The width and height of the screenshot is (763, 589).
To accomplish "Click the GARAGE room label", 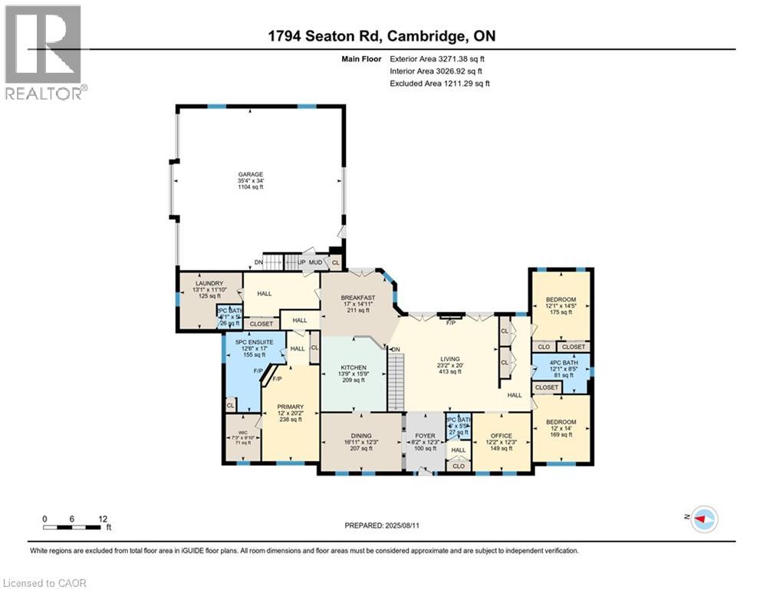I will pos(245,174).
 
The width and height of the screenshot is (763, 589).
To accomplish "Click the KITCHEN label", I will pos(354,368).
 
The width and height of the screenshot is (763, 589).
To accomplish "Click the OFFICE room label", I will pos(501,436).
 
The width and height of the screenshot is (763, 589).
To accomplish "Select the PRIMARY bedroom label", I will pos(291,406).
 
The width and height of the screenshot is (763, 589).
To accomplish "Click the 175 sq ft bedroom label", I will pos(560,299).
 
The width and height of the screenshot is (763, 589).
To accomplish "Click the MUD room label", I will pos(314,262).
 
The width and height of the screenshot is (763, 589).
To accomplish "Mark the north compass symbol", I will pos(703,519).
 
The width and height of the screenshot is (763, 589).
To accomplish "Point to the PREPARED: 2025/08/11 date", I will pos(381,525).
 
